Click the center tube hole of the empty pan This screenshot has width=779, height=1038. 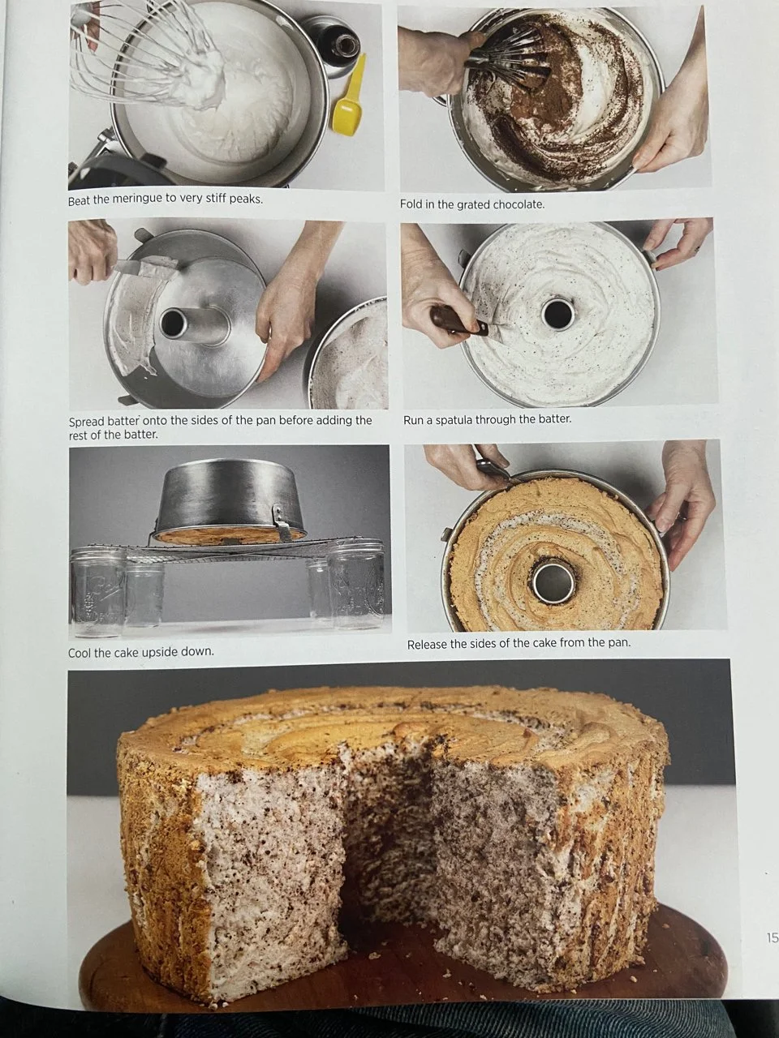172,323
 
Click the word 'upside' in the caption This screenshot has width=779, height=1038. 158,653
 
